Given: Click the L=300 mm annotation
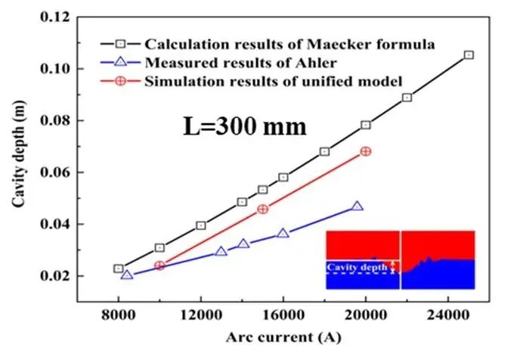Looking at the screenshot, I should pyautogui.click(x=244, y=126).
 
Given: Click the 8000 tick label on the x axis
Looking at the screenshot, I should pyautogui.click(x=119, y=311).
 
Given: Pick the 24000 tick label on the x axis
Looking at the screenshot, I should pyautogui.click(x=447, y=311).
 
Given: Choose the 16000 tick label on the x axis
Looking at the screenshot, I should pyautogui.click(x=283, y=311).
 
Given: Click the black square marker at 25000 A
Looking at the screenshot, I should pyautogui.click(x=469, y=55).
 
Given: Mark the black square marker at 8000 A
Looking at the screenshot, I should pyautogui.click(x=119, y=268).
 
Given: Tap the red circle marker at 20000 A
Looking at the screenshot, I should pyautogui.click(x=366, y=151).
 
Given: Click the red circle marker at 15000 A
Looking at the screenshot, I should pyautogui.click(x=263, y=209).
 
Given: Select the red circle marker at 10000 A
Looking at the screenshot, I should pyautogui.click(x=159, y=265).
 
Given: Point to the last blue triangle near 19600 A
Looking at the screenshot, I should pyautogui.click(x=357, y=206).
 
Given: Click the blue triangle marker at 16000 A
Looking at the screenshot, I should pyautogui.click(x=283, y=234).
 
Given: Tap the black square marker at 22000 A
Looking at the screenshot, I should pyautogui.click(x=407, y=98).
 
